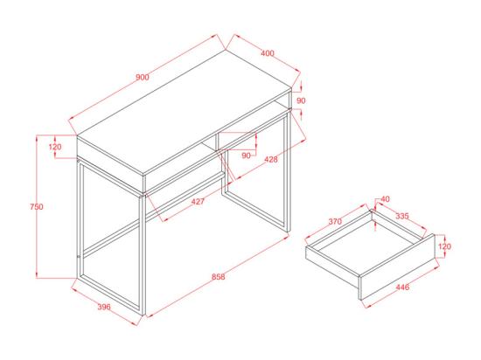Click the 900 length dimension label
tap(143, 78)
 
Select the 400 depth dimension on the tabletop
tap(267, 53)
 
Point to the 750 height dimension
tap(36, 207)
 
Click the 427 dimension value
tap(198, 202)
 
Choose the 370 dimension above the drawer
tap(335, 222)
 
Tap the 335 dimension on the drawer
tap(402, 215)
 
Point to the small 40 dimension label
tap(384, 200)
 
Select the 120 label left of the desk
tap(55, 146)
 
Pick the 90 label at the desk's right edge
tap(301, 100)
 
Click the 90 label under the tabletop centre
tap(246, 155)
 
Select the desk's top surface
tap(184, 114)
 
